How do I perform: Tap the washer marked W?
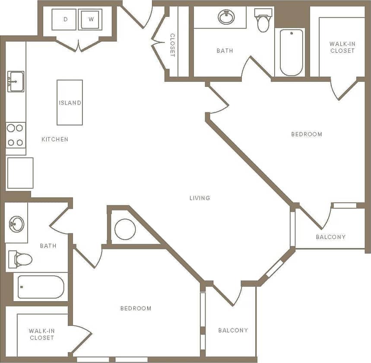click(90, 19)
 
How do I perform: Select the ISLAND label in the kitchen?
click(70, 103)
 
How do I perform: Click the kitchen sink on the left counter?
click(16, 82)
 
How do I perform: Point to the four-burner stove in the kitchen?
click(16, 135)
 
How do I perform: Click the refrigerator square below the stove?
click(20, 173)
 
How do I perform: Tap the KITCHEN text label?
click(55, 139)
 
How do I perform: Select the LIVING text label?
click(200, 198)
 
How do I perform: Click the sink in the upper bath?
click(226, 17)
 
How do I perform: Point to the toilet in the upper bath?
click(263, 21)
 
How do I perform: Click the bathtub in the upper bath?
click(292, 52)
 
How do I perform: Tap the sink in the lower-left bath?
click(17, 224)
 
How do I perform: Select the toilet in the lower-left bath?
click(21, 259)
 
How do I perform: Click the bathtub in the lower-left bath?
click(41, 287)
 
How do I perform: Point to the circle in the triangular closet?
click(125, 229)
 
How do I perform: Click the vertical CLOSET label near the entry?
click(172, 45)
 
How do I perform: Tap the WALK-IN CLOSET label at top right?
click(342, 47)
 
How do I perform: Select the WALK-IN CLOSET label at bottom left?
click(42, 334)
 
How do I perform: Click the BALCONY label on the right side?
click(330, 237)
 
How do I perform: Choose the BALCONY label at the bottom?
click(233, 330)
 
